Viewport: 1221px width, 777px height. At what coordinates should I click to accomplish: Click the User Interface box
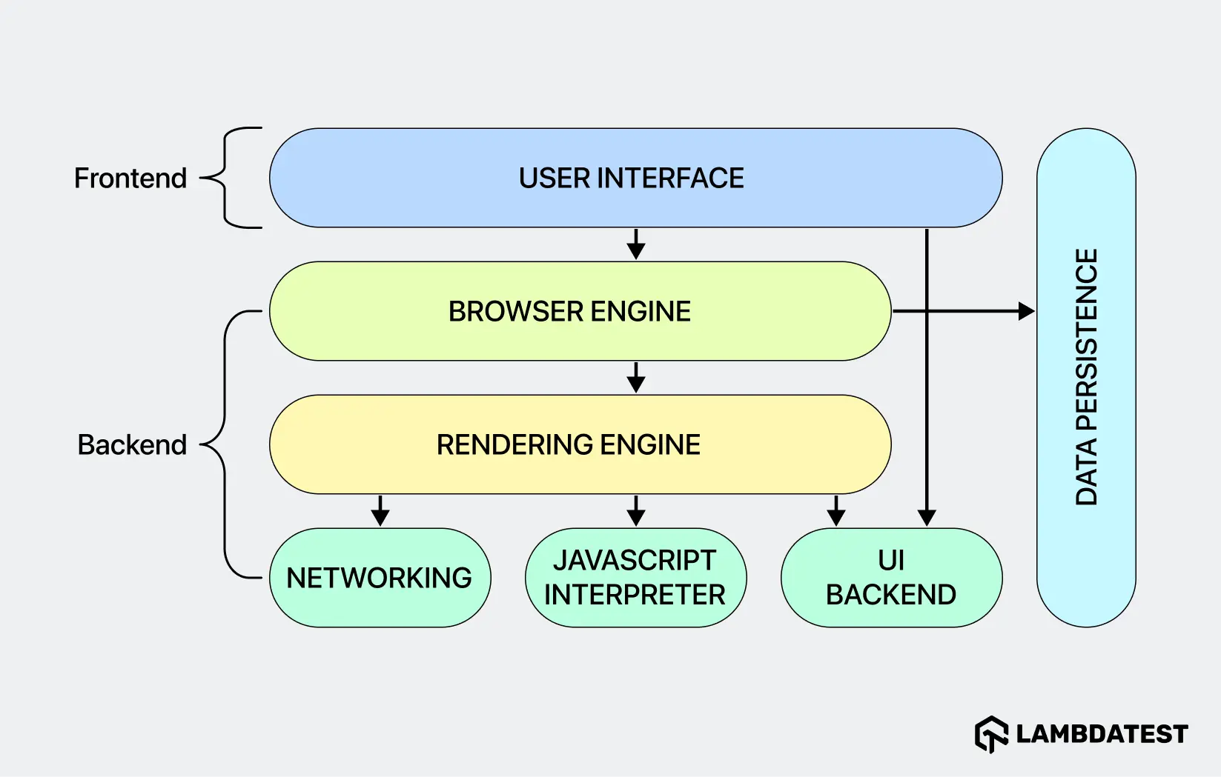click(635, 178)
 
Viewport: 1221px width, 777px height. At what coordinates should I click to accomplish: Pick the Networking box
click(380, 578)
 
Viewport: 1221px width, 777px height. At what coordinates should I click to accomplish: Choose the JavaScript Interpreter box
click(635, 578)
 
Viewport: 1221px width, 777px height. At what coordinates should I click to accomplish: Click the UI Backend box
click(891, 578)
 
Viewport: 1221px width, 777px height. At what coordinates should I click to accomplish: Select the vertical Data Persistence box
click(1086, 378)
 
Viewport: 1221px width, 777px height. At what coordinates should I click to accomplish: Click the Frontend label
click(130, 179)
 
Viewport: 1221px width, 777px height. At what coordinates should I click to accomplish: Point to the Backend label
click(132, 445)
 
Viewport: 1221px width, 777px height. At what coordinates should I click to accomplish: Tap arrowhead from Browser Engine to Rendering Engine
click(636, 384)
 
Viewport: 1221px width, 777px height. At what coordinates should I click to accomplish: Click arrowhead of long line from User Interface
click(927, 517)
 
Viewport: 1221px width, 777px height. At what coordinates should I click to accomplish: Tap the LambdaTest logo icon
click(991, 734)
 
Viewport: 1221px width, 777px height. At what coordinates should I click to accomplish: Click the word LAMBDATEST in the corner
click(1102, 734)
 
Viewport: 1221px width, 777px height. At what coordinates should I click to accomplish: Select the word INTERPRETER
click(635, 595)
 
